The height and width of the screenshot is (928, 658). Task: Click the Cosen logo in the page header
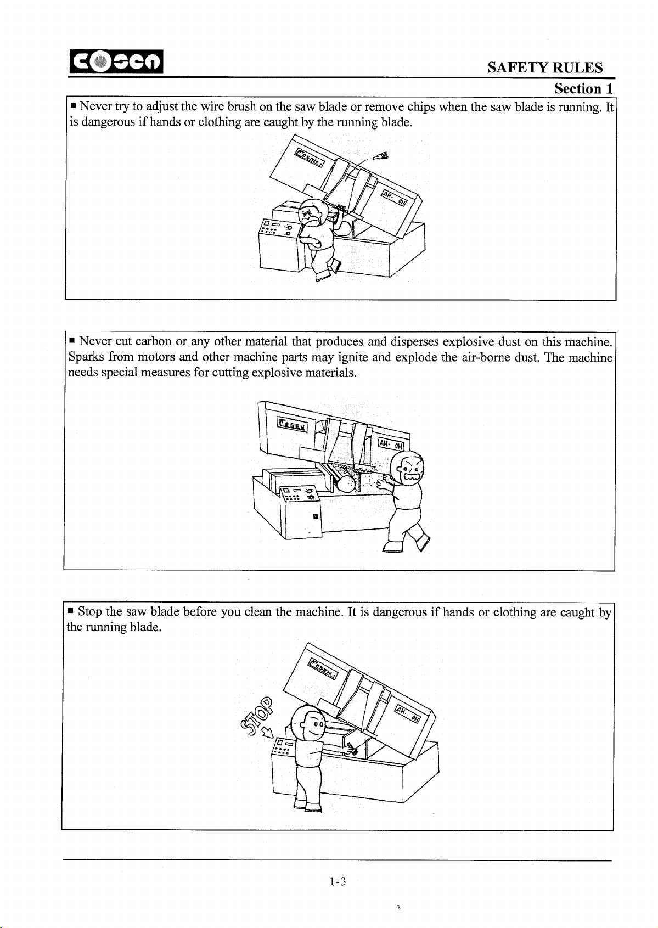(x=116, y=61)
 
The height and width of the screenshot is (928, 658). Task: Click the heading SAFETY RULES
(x=545, y=68)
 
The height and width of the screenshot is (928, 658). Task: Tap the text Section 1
(x=583, y=89)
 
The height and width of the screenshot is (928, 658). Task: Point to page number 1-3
(x=338, y=881)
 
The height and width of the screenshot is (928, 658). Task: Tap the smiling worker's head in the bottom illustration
(x=309, y=726)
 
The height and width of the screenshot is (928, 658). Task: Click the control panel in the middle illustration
(x=301, y=511)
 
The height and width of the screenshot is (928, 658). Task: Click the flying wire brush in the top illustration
(x=381, y=156)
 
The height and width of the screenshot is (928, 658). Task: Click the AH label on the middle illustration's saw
(x=391, y=444)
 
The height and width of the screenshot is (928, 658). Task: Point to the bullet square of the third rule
(x=70, y=611)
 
